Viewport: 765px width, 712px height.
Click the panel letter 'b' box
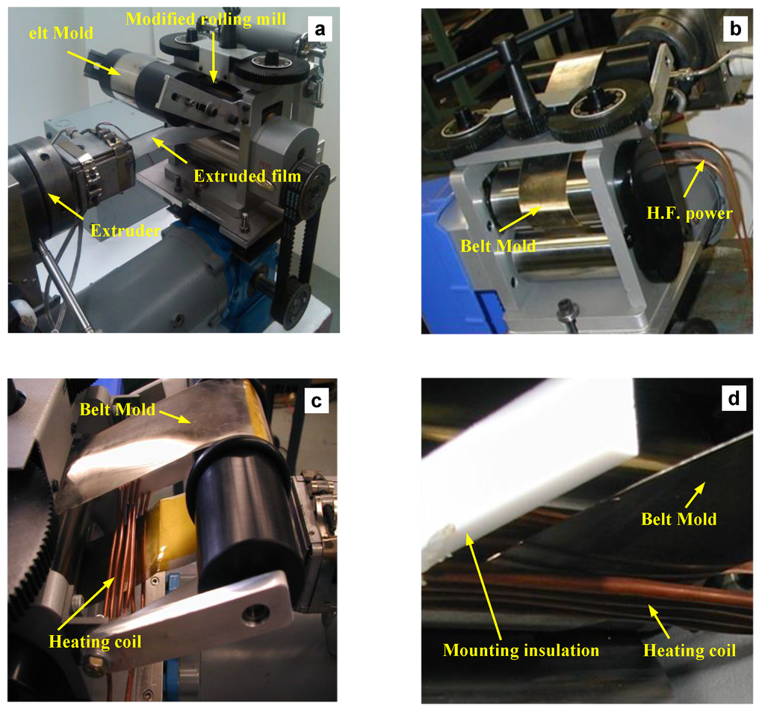pos(734,29)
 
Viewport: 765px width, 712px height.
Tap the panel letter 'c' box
pos(316,400)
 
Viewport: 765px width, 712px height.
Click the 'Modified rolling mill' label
pos(205,19)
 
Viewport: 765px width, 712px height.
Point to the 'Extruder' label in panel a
pos(126,231)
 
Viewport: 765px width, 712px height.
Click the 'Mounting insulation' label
pos(521,650)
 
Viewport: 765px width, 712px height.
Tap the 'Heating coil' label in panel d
pos(690,650)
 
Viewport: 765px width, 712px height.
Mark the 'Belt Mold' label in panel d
pos(678,518)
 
